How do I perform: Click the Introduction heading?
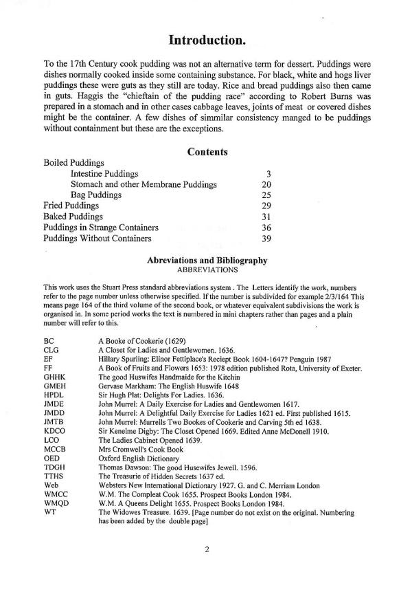point(207,41)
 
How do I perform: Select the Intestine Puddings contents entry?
point(104,174)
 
